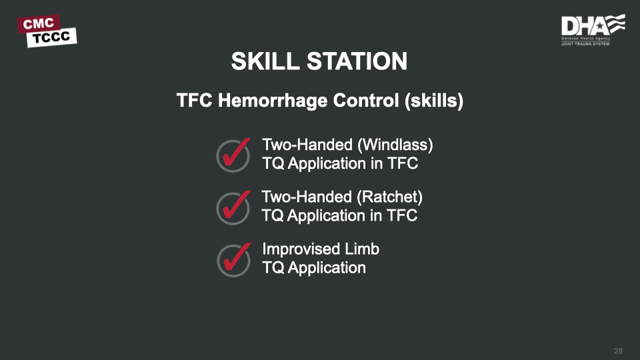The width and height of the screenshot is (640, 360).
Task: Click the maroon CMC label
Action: pyautogui.click(x=39, y=24)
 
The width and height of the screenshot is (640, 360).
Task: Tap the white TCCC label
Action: pyautogui.click(x=52, y=37)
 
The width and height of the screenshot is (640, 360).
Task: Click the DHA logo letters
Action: pyautogui.click(x=584, y=27)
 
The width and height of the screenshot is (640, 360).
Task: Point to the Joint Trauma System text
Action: pyautogui.click(x=585, y=44)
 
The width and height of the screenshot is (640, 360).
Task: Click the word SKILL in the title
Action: pyautogui.click(x=265, y=61)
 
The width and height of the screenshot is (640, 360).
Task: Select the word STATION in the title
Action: pyautogui.click(x=357, y=61)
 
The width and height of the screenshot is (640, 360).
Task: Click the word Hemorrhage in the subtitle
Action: pyautogui.click(x=273, y=101)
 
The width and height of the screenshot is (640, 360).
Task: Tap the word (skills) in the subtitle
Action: pyautogui.click(x=434, y=101)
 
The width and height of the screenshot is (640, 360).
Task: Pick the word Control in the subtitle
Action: pyautogui.click(x=366, y=101)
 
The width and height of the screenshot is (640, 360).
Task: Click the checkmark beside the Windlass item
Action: pyautogui.click(x=234, y=154)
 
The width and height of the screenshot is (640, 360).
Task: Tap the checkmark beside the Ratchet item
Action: pyautogui.click(x=234, y=207)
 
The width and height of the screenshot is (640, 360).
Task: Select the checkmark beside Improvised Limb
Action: pyautogui.click(x=234, y=259)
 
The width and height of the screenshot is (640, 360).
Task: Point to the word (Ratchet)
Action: pyautogui.click(x=389, y=197)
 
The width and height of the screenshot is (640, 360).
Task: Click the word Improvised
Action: pyautogui.click(x=301, y=249)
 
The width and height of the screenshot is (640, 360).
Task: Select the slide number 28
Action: pyautogui.click(x=619, y=351)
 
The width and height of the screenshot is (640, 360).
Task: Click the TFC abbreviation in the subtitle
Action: pyautogui.click(x=194, y=101)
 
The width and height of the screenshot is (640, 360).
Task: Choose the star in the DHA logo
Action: pyautogui.click(x=600, y=26)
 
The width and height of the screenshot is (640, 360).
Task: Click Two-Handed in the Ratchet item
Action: pyautogui.click(x=307, y=197)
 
